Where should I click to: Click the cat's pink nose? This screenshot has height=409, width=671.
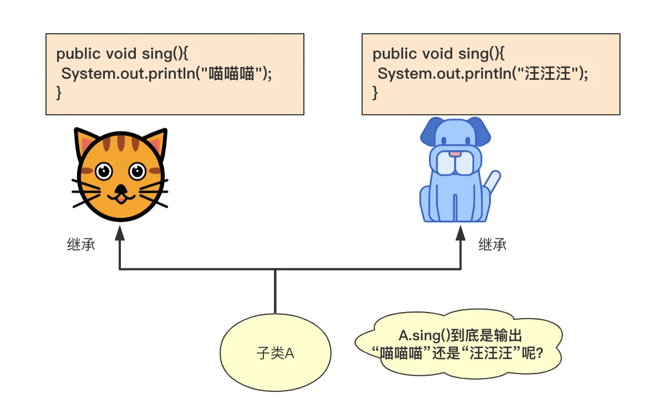click(x=120, y=188)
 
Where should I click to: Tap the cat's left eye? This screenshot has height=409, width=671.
click(x=103, y=171)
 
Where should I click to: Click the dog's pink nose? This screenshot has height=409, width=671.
click(x=455, y=153)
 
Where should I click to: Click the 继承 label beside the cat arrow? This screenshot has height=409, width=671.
click(x=81, y=244)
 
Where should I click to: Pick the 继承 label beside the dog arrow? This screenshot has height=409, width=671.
click(x=492, y=244)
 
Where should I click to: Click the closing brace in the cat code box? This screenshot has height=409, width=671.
click(x=59, y=93)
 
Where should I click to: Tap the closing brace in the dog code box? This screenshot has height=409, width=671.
click(x=375, y=93)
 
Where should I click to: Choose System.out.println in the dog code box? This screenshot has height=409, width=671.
click(x=443, y=73)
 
